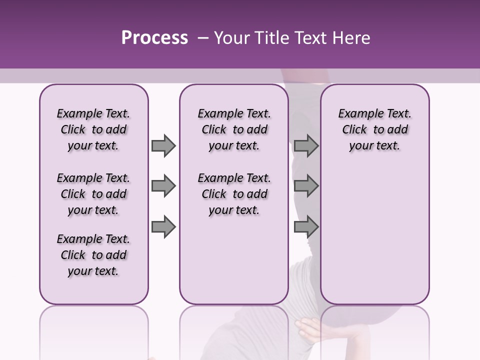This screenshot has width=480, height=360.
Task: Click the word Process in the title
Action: coord(154,38)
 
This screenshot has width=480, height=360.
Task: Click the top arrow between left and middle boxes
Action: coord(163,146)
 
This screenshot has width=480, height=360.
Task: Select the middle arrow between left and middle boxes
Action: coord(163,186)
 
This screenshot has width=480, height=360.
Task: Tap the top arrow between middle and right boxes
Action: coord(306,146)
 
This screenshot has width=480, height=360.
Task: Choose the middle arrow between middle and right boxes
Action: coord(306,186)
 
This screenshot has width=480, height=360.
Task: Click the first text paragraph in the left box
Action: coord(93,129)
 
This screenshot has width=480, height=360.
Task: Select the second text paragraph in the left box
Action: coord(93,194)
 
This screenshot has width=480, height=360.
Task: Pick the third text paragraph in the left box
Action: coord(93,255)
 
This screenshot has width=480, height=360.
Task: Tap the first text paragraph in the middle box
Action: coord(234,129)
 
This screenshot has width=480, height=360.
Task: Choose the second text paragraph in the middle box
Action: coord(234,194)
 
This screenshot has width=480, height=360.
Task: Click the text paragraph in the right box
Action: coord(375,129)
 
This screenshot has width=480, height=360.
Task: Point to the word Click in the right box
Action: coord(354,130)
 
